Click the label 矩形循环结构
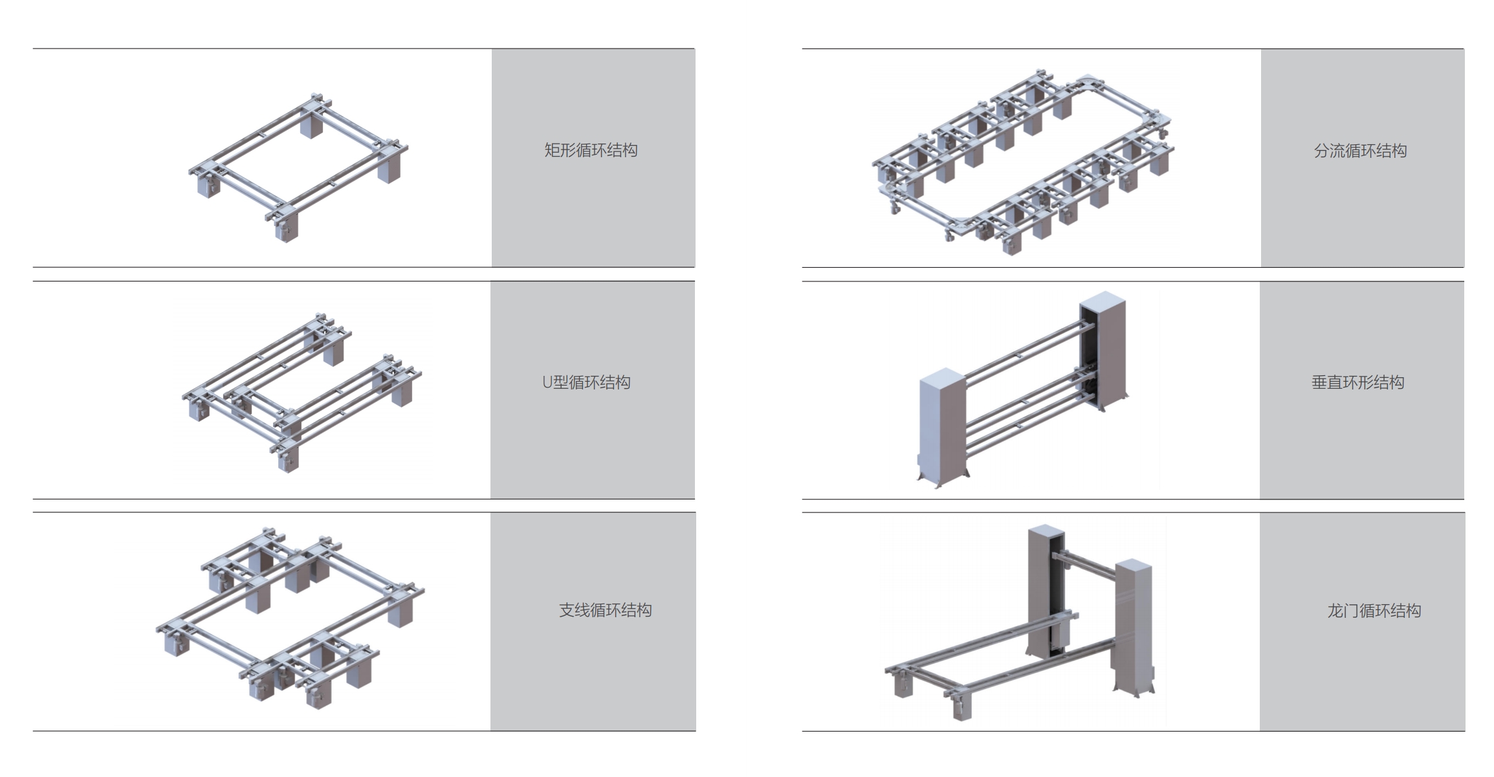click(x=591, y=151)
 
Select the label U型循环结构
click(x=586, y=382)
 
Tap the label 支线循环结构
click(x=605, y=610)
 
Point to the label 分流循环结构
click(x=1360, y=151)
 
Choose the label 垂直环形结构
click(x=1357, y=382)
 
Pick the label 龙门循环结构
click(x=1374, y=611)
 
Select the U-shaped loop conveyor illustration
click(x=302, y=392)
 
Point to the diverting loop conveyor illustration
click(x=1023, y=161)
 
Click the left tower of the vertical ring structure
click(x=942, y=427)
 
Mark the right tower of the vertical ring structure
click(x=1103, y=353)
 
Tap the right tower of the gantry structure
click(x=1133, y=624)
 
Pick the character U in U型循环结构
click(x=547, y=382)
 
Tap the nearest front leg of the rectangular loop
click(x=285, y=230)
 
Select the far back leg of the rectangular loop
click(x=313, y=126)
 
